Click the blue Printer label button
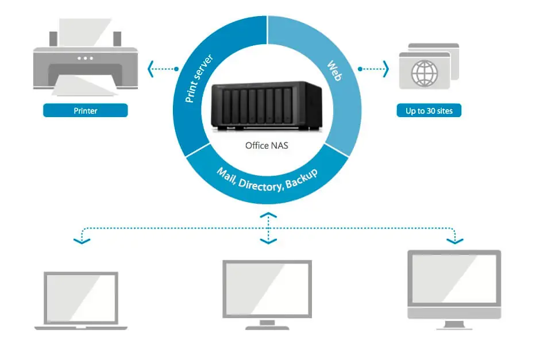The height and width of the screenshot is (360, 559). (85, 110)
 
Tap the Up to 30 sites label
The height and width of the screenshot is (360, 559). (429, 110)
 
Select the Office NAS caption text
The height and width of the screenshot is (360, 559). (267, 145)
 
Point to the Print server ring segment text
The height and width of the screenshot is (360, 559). (199, 79)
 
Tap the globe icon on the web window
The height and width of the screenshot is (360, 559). (424, 73)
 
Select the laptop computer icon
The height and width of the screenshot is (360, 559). (81, 300)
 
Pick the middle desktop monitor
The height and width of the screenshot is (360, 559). (267, 293)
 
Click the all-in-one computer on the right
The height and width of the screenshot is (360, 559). (454, 287)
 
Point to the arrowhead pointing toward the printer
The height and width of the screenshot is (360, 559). (151, 69)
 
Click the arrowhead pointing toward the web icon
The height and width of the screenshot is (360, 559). (385, 69)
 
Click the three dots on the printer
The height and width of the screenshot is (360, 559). (85, 58)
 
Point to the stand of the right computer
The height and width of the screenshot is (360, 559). (454, 324)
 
